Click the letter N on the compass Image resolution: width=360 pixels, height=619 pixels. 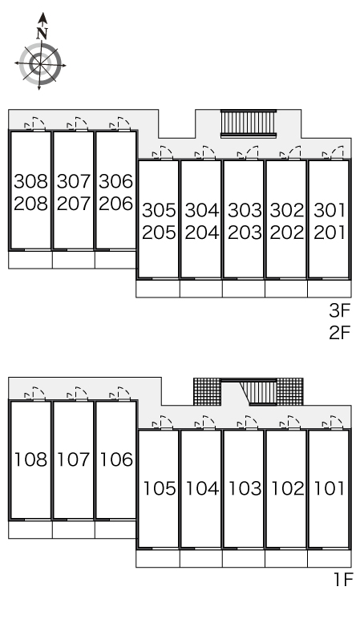pos(42,34)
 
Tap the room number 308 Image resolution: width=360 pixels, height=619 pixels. pos(30,181)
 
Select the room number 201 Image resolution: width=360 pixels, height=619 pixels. pos(330,233)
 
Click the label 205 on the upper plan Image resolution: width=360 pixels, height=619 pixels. pos(159,233)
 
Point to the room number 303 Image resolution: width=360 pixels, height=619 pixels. pos(245,210)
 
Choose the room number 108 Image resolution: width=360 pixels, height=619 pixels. pos(30,459)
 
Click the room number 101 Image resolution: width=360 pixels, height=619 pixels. pos(330,488)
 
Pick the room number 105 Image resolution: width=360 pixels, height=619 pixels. pos(159,488)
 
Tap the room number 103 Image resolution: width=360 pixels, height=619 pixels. pos(245,488)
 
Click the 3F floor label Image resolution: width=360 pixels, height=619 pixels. pos(340,310)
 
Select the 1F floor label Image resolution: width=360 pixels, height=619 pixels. pos(343,580)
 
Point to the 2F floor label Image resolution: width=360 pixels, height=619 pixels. pos(340,333)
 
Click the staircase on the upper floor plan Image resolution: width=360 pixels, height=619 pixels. pos(249,123)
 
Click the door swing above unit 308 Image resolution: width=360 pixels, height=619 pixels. pos(34,123)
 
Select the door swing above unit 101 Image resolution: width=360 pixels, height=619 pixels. pos(333,423)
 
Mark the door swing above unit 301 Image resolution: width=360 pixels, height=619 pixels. pos(333,152)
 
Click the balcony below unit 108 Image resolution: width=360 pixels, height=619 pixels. pos(30,530)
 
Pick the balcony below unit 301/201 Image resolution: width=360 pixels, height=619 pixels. pos(330,289)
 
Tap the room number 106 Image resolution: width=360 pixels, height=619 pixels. pos(116,459)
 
